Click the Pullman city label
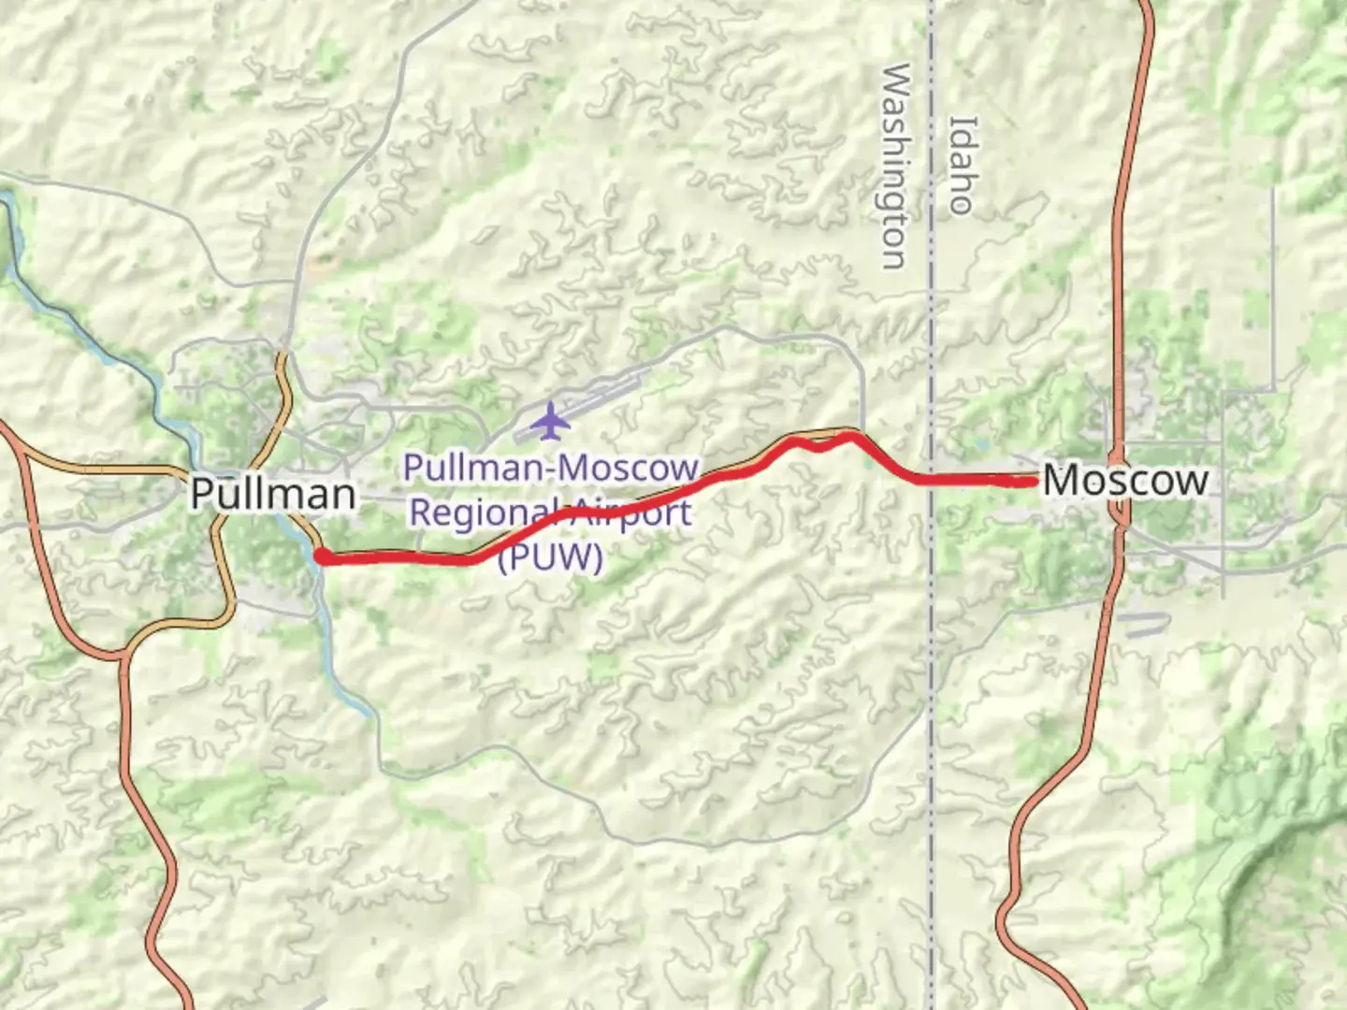273,493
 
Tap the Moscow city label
1125,480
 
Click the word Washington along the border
896,166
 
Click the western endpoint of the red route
321,557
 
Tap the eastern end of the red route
1033,481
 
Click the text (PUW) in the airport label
550,557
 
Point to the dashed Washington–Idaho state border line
932,711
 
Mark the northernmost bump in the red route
849,435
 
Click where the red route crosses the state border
932,481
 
